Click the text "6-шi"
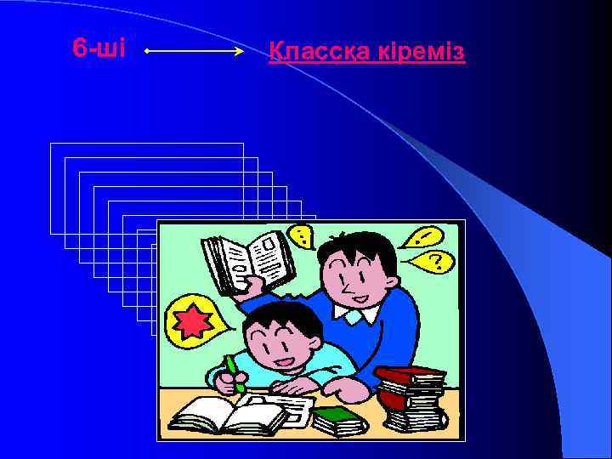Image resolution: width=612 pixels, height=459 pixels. point(99,49)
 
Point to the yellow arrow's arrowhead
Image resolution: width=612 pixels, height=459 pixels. point(241,52)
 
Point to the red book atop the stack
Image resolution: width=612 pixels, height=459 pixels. point(410,375)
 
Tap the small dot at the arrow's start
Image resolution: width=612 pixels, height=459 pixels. point(147,52)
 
